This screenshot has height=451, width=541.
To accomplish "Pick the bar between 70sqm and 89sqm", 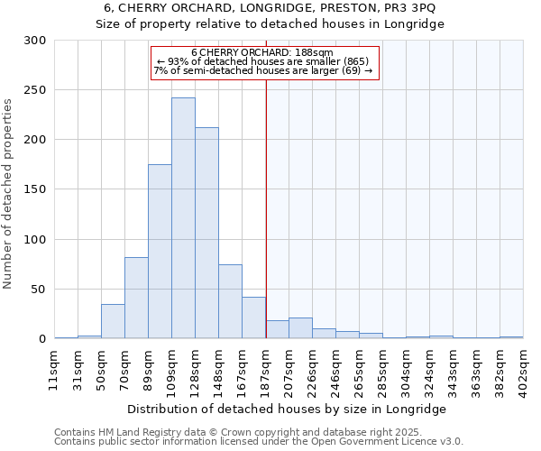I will pos(136,298).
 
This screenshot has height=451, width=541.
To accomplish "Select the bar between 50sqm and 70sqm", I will pos(113,321).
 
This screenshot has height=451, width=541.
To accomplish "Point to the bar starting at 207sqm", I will pos(300,328).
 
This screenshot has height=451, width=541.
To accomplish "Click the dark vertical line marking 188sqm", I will pos(266,207).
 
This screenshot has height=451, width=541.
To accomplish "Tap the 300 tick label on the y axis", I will pos(35,41).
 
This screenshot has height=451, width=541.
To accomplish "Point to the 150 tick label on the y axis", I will pos(35,189).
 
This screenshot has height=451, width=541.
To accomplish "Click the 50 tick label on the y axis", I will pos(39,290).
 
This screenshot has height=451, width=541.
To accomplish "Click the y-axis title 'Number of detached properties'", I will pos(8,194).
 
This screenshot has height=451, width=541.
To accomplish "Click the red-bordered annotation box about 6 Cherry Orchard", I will pos(263,61).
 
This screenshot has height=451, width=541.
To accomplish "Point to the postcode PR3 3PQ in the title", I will pos(403,7).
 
